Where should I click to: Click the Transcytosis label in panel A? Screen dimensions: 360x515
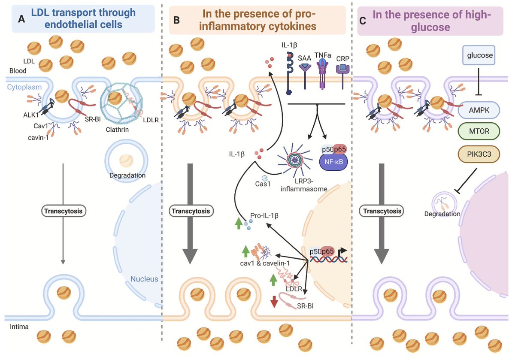[x=63, y=211]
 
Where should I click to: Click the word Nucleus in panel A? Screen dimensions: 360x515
[x=144, y=279]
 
